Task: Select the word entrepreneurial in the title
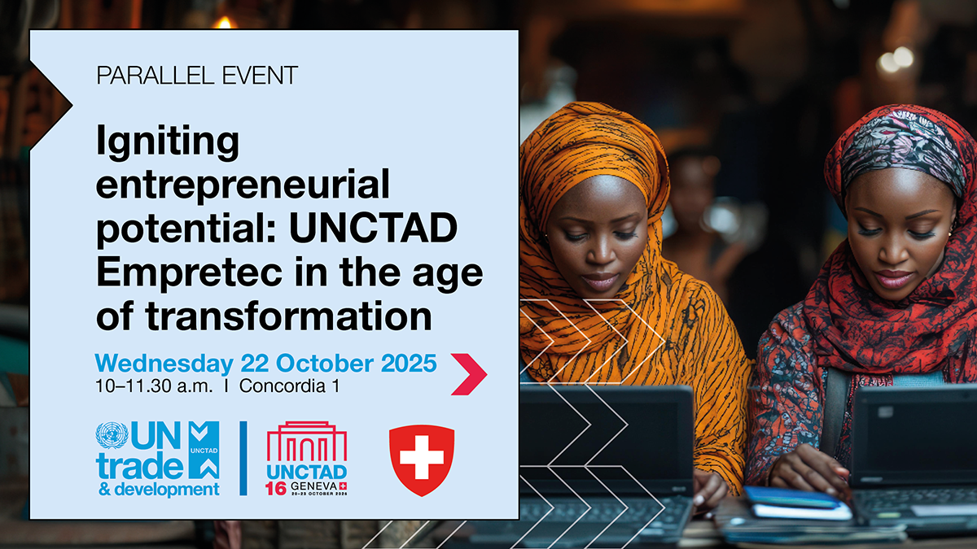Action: click(243, 186)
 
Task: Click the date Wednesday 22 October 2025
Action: click(266, 363)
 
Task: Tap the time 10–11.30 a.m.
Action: click(154, 386)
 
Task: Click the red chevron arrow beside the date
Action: click(469, 374)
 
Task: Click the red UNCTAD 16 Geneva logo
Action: click(307, 459)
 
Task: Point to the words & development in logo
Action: click(157, 489)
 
